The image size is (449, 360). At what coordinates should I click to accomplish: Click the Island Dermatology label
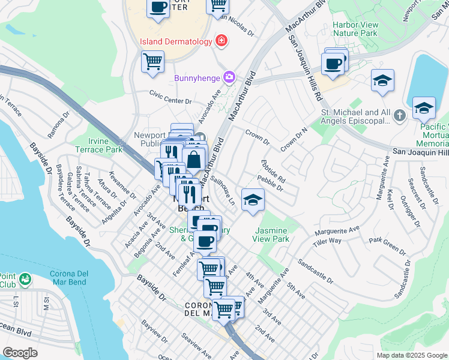click(x=176, y=41)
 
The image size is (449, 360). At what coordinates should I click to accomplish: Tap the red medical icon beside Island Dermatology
click(x=221, y=41)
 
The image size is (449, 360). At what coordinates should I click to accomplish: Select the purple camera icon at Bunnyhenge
click(x=229, y=77)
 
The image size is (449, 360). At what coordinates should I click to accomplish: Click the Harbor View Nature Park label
click(x=355, y=29)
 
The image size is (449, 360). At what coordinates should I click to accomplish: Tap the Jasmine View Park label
click(x=272, y=235)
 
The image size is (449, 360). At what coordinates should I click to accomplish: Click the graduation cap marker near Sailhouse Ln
click(x=253, y=199)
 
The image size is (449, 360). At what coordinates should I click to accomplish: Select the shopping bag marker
click(x=194, y=160)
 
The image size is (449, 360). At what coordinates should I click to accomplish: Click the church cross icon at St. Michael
click(x=400, y=114)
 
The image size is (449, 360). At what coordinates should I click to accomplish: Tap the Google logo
click(x=20, y=352)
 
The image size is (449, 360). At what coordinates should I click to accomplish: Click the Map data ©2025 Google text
click(x=412, y=355)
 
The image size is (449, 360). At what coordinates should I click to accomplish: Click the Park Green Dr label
click(x=387, y=242)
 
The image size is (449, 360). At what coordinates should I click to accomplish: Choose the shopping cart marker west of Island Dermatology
click(x=152, y=61)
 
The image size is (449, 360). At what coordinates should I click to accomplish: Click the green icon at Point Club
click(x=25, y=279)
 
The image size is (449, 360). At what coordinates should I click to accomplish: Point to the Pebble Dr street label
click(x=270, y=183)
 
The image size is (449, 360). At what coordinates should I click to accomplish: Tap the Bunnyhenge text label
click(x=196, y=77)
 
